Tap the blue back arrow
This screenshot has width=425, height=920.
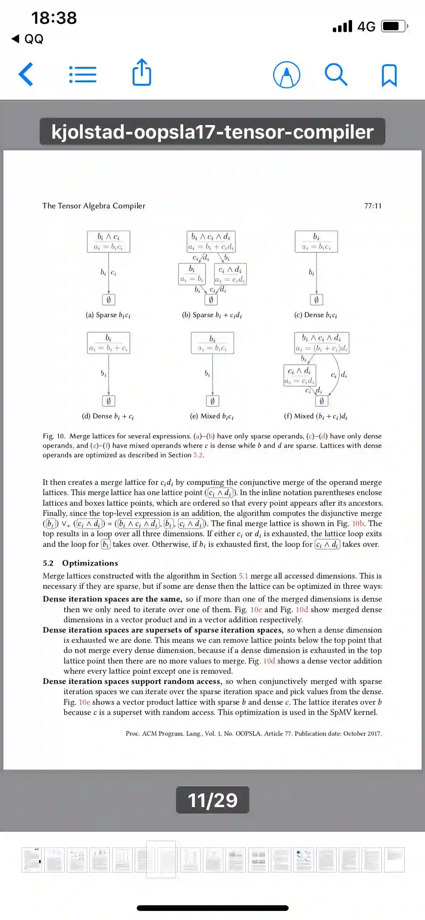pyautogui.click(x=26, y=74)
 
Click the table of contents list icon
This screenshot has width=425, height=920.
pyautogui.click(x=83, y=74)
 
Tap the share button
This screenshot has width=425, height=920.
pyautogui.click(x=142, y=73)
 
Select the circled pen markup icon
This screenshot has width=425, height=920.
pyautogui.click(x=286, y=74)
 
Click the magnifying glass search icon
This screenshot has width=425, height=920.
pyautogui.click(x=336, y=74)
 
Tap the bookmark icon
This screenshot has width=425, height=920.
pyautogui.click(x=389, y=75)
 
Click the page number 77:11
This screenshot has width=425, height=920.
pyautogui.click(x=372, y=206)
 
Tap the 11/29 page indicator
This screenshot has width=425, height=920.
pyautogui.click(x=212, y=800)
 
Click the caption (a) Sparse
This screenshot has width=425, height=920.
pyautogui.click(x=108, y=315)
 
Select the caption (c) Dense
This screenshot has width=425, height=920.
pyautogui.click(x=315, y=315)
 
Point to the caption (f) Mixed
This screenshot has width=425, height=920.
pyautogui.click(x=315, y=416)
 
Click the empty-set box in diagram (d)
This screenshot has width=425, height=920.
pyautogui.click(x=108, y=401)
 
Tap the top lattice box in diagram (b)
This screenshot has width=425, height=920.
pyautogui.click(x=211, y=241)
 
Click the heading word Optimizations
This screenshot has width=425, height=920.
pyautogui.click(x=90, y=563)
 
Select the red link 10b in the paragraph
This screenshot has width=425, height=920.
pyautogui.click(x=358, y=523)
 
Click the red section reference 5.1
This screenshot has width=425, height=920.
pyautogui.click(x=243, y=576)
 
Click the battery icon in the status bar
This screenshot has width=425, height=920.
pyautogui.click(x=394, y=26)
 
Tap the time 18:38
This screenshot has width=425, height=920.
pyautogui.click(x=54, y=18)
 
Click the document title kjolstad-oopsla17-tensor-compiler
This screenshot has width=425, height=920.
pyautogui.click(x=212, y=132)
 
